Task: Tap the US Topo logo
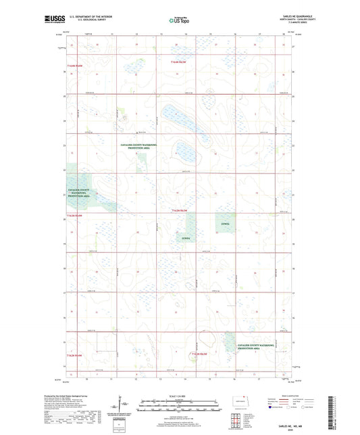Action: tap(179, 21)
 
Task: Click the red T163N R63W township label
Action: tap(184, 212)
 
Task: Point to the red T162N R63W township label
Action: tap(204, 353)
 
